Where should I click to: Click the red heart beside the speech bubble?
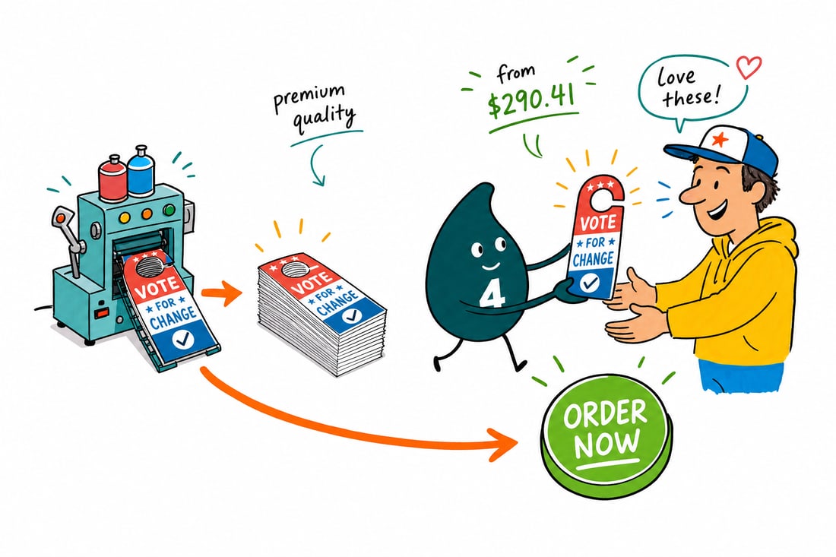pos(749,67)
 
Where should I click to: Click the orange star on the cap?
pos(720,140)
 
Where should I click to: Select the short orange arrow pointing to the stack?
pos(221,293)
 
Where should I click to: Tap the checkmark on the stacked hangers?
pos(351,315)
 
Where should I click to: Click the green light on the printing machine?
pos(169,210)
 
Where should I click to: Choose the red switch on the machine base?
pos(101,312)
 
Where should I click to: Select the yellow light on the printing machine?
pos(124,217)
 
